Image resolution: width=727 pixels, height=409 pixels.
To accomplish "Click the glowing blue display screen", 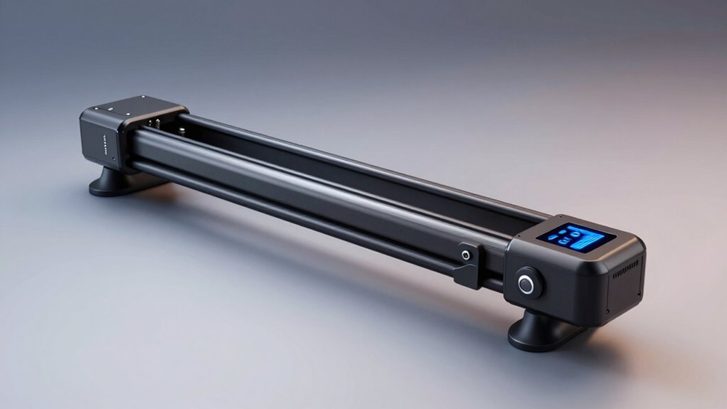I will (x=576, y=237).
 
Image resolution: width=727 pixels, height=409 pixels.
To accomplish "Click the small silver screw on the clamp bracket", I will (x=466, y=254).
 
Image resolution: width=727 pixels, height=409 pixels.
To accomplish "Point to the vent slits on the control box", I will (x=626, y=272).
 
